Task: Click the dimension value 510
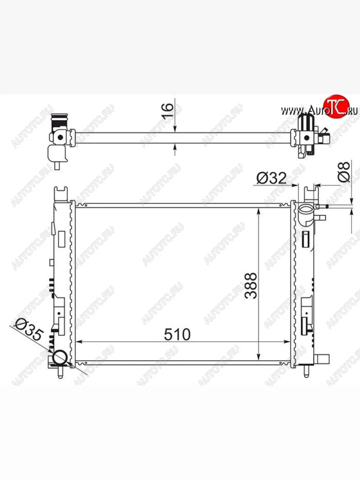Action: [177, 334]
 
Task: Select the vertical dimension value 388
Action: [251, 286]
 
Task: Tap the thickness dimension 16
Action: [168, 111]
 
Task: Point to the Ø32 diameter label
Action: [271, 178]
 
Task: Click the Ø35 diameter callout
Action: [28, 330]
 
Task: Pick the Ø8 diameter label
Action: [344, 172]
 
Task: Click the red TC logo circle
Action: [337, 106]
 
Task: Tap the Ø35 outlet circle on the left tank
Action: [60, 358]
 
